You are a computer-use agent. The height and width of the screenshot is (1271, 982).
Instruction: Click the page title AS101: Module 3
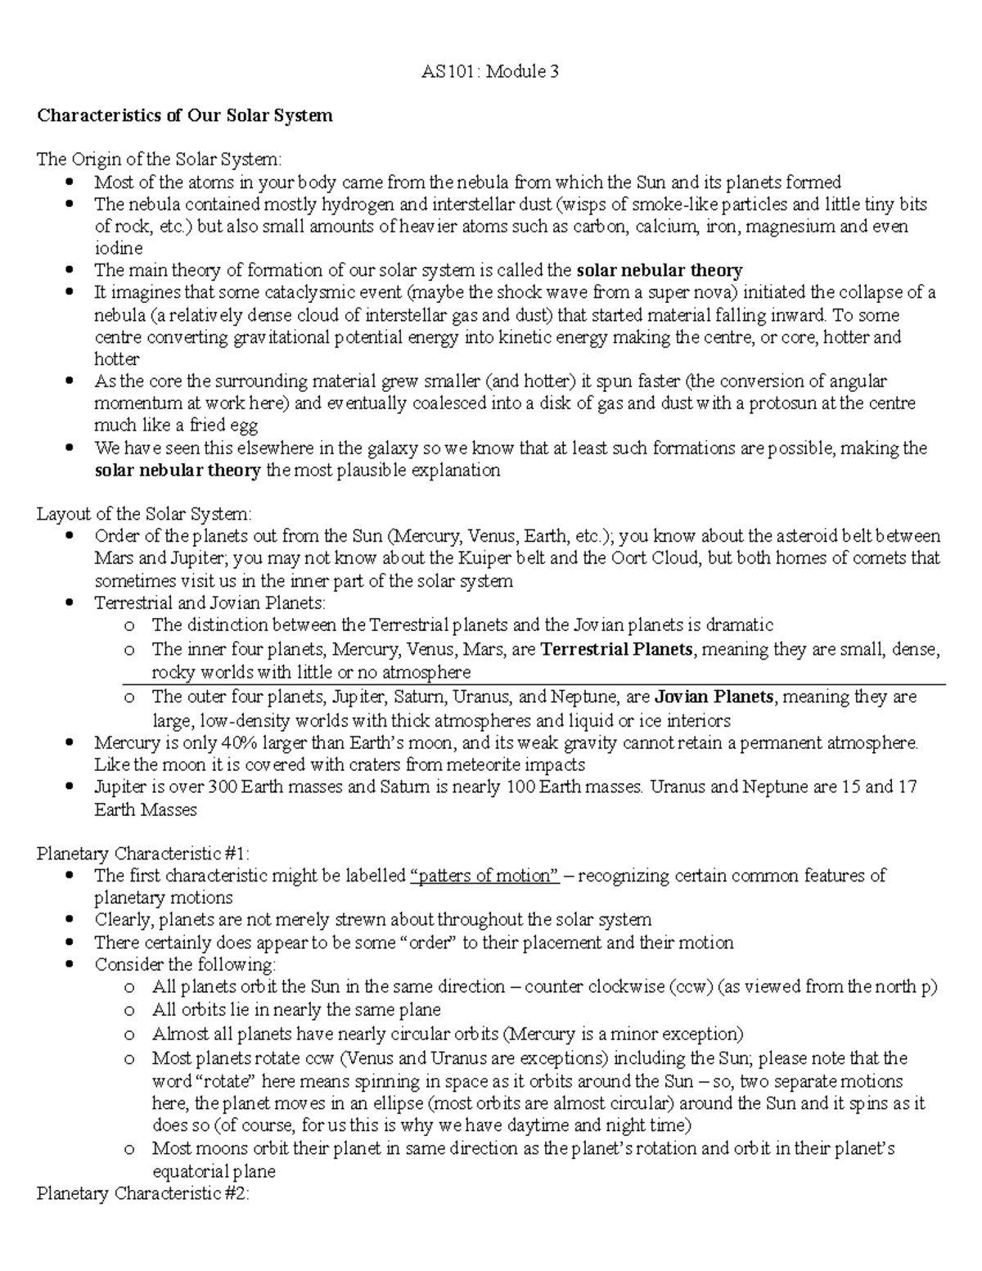pos(490,71)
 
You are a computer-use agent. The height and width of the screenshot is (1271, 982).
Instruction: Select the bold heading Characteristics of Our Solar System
pos(185,115)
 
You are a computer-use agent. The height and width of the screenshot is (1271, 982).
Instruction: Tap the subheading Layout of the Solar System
pos(145,514)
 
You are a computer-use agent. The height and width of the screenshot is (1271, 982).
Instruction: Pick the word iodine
pos(119,248)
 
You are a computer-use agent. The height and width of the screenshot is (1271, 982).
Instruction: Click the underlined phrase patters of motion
pos(484,876)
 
